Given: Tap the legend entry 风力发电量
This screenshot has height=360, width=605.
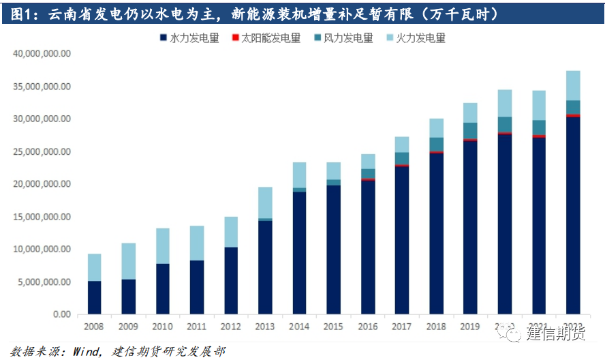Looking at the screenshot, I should click(348, 38).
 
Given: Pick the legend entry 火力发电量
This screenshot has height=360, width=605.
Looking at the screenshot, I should click(420, 38).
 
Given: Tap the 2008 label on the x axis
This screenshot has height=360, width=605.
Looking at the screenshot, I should click(94, 327).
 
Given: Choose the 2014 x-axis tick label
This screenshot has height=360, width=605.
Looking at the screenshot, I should click(299, 327).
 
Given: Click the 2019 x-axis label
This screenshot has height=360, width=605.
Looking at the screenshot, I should click(470, 327).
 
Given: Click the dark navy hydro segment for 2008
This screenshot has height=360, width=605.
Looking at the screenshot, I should click(94, 297).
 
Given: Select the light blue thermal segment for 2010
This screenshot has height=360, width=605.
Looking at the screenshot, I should click(163, 245).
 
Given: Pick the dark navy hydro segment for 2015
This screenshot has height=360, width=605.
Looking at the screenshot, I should click(334, 250).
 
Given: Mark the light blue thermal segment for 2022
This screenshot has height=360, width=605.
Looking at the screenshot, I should click(573, 85).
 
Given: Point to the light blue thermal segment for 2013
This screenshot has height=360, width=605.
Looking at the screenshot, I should click(265, 202).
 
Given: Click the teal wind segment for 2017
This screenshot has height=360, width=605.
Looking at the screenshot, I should click(402, 158).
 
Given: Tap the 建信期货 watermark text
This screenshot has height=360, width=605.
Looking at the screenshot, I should click(555, 334).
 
